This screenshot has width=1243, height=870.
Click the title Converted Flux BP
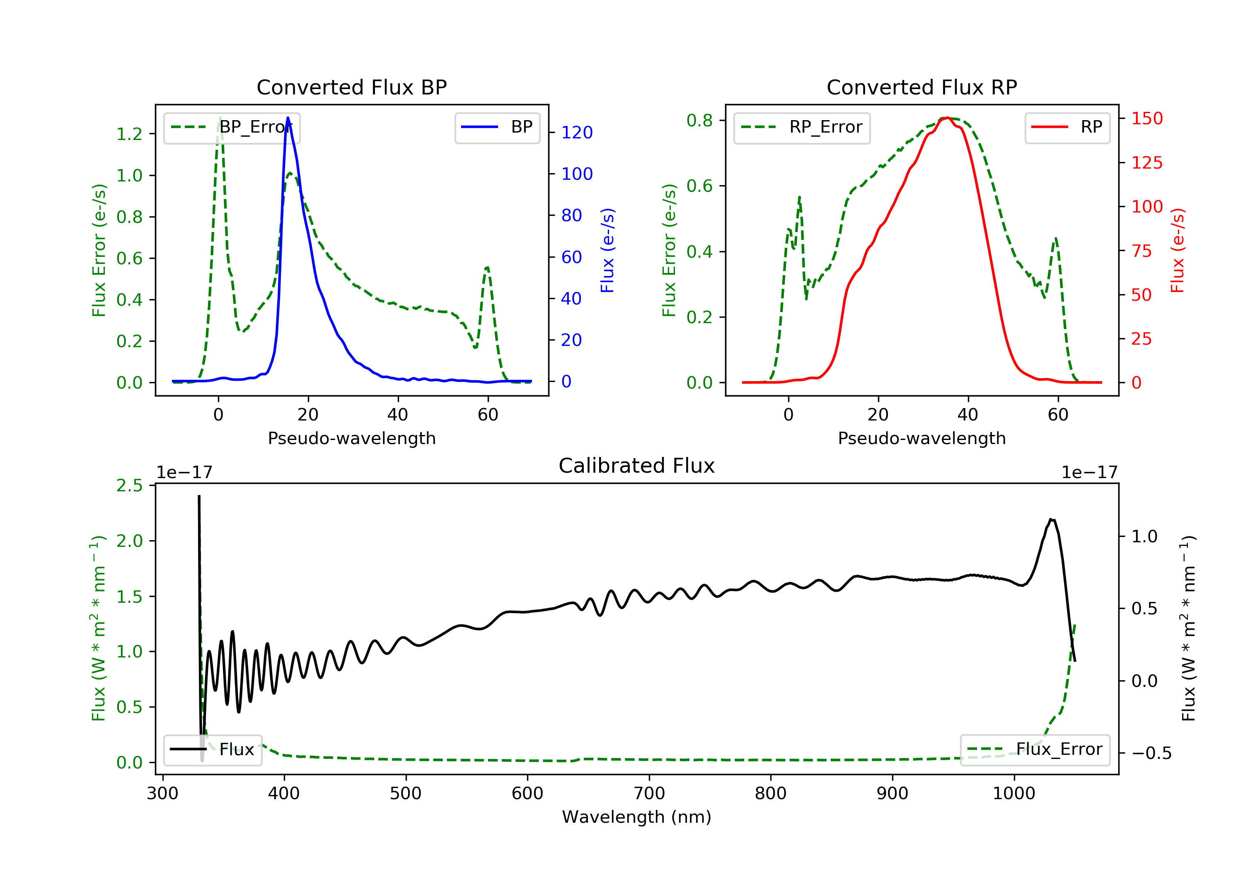pyautogui.click(x=352, y=87)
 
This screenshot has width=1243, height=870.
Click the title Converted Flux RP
pyautogui.click(x=922, y=87)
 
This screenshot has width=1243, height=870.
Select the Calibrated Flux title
pyautogui.click(x=637, y=466)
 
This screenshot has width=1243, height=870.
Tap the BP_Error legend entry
pyautogui.click(x=232, y=127)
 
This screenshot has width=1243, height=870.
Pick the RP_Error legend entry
pyautogui.click(x=802, y=127)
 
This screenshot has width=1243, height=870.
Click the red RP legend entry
pyautogui.click(x=1067, y=127)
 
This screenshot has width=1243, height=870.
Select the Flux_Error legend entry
pyautogui.click(x=1035, y=749)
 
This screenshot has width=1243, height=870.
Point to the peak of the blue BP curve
pyautogui.click(x=288, y=118)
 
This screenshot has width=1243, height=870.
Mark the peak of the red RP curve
pyautogui.click(x=948, y=118)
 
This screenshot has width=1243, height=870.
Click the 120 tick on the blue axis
pyautogui.click(x=577, y=132)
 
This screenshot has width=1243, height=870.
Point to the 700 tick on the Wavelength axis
pyautogui.click(x=649, y=793)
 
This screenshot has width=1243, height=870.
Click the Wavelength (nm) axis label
pyautogui.click(x=637, y=817)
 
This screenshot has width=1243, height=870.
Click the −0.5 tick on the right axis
pyautogui.click(x=1151, y=753)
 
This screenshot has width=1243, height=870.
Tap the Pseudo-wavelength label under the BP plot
pyautogui.click(x=352, y=438)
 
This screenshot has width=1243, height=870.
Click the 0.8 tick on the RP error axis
pyautogui.click(x=700, y=120)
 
